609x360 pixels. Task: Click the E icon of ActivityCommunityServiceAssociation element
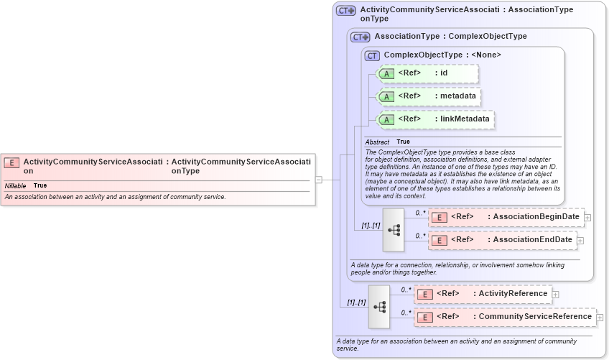(12, 162)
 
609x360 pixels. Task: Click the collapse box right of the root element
(318, 180)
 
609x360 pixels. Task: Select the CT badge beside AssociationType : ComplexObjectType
(360, 37)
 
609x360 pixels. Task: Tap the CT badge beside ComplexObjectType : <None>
(372, 55)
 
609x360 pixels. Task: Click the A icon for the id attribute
(386, 74)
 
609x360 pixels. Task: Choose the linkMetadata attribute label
(465, 119)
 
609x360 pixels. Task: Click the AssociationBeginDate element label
(536, 216)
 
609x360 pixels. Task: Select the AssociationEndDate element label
(532, 239)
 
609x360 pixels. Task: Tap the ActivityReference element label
(513, 293)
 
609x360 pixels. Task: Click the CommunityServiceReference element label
(535, 316)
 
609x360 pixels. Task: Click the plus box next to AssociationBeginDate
(587, 217)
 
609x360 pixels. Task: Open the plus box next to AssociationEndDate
(580, 240)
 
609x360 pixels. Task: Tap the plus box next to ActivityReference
(555, 294)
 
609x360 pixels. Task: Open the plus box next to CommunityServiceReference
(600, 317)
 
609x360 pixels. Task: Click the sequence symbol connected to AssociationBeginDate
(394, 230)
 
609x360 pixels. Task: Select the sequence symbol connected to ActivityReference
(378, 307)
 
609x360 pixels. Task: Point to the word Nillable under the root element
(15, 185)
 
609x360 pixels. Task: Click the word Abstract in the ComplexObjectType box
(377, 142)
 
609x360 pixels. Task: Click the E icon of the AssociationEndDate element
(440, 240)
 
